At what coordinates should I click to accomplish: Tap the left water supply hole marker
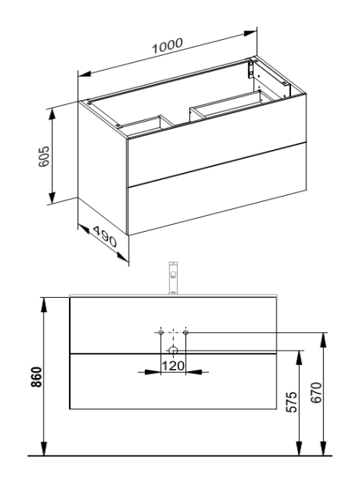click(x=160, y=332)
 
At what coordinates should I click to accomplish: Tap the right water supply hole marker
click(x=186, y=332)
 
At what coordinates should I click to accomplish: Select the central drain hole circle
click(x=173, y=351)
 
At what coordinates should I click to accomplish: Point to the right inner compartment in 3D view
click(x=230, y=107)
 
